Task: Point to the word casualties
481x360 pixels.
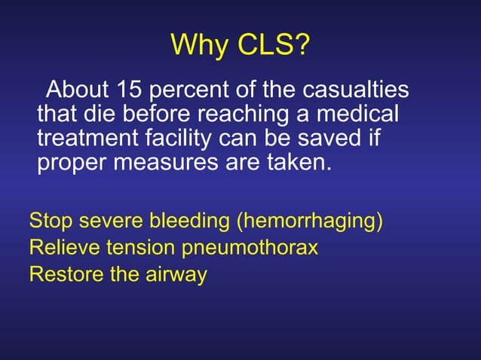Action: pyautogui.click(x=356, y=91)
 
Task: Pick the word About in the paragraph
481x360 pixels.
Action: pyautogui.click(x=77, y=91)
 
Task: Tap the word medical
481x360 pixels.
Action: pyautogui.click(x=364, y=115)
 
